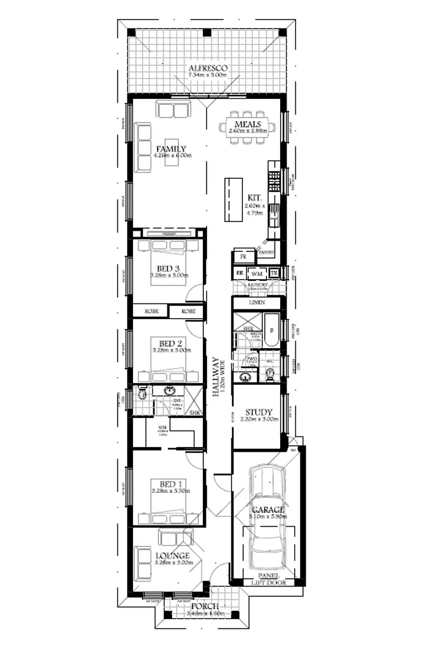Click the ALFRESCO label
206,69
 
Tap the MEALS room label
248,125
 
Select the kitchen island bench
233,200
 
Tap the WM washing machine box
257,273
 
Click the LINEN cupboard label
256,303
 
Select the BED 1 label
170,483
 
